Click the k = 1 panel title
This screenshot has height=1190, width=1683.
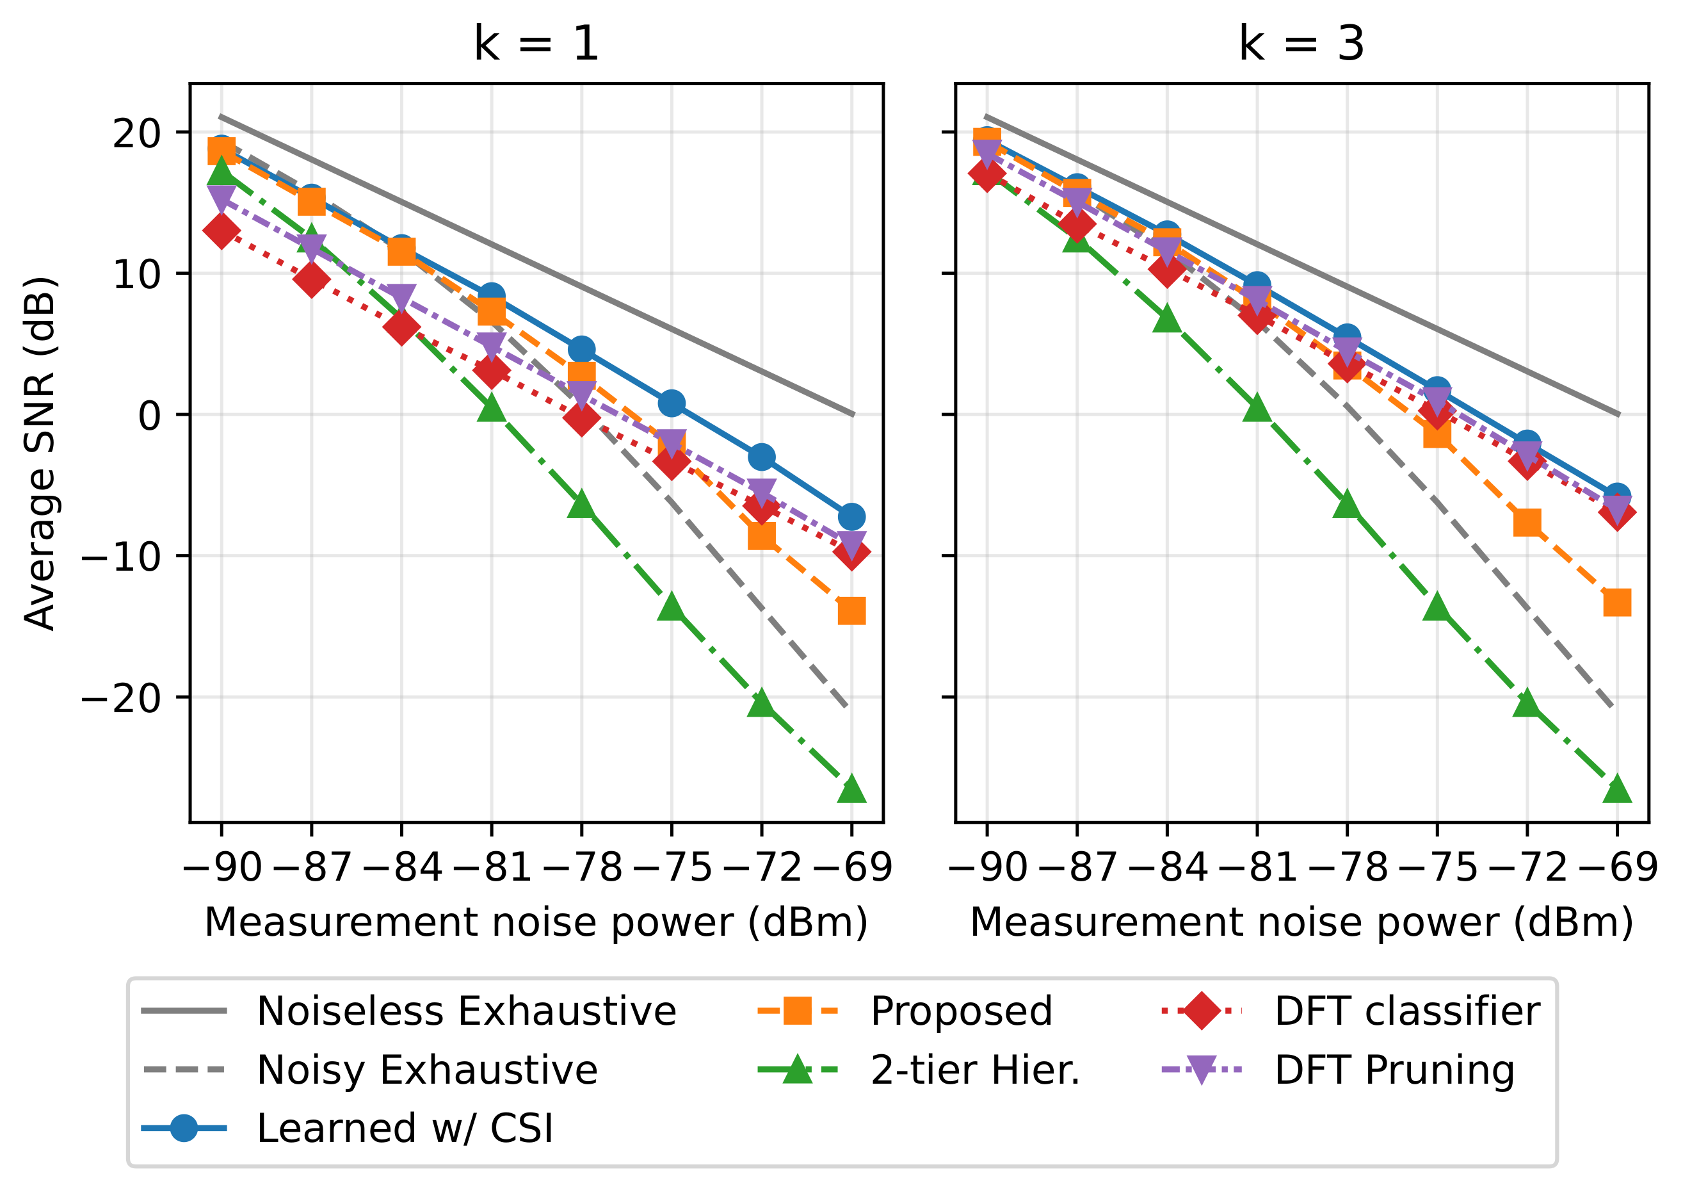[x=536, y=44]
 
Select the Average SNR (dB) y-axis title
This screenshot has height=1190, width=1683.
[x=40, y=453]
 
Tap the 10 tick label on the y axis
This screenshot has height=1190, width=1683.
[x=136, y=273]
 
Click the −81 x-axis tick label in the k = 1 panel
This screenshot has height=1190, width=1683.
[x=491, y=867]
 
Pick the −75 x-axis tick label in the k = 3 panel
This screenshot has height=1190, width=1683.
[x=1437, y=867]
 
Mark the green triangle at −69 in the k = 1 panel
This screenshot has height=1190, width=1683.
[x=851, y=790]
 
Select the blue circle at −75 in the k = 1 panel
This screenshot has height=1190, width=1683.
[x=672, y=403]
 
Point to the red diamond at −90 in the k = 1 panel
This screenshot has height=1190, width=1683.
[x=221, y=232]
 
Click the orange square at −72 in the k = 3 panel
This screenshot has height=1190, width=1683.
[x=1527, y=522]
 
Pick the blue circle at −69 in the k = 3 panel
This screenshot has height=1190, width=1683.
[x=1617, y=497]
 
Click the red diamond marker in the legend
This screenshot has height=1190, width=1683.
[x=1202, y=1011]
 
